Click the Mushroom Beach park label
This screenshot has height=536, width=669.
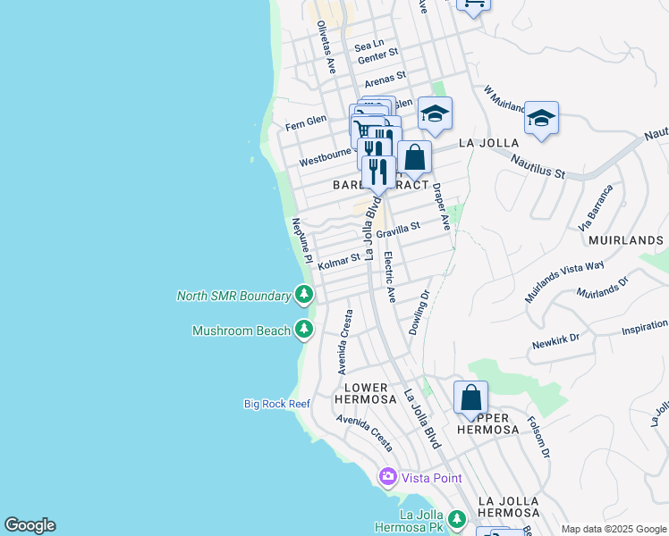(x=241, y=331)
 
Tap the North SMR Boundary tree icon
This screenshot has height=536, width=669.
(x=304, y=295)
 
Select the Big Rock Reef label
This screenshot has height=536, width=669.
(x=277, y=404)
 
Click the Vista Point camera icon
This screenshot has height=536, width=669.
(x=388, y=477)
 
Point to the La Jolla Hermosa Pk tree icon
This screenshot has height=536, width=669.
(x=457, y=519)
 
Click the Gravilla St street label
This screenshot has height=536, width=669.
(x=397, y=231)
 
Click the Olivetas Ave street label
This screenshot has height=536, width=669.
(x=326, y=47)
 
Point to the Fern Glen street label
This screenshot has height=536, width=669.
(x=305, y=124)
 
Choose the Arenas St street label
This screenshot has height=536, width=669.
(x=385, y=78)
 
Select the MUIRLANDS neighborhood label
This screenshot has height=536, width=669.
(x=625, y=240)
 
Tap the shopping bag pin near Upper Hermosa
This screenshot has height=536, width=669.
(x=470, y=398)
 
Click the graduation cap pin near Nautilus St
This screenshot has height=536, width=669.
(x=541, y=119)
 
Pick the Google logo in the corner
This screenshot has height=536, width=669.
(x=30, y=525)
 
